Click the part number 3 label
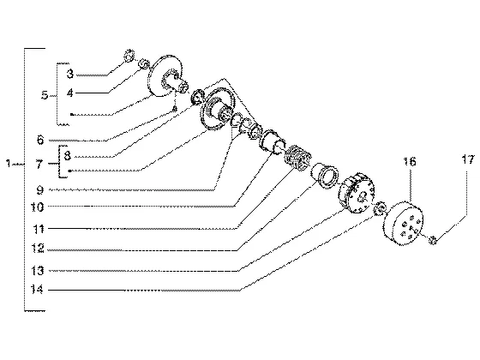click(x=70, y=74)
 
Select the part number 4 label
click(x=70, y=93)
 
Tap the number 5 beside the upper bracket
click(x=45, y=95)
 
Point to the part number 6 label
click(x=40, y=140)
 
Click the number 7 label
click(x=39, y=165)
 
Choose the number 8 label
click(x=68, y=155)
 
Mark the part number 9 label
click(x=40, y=190)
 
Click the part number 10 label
click(x=38, y=207)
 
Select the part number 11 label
click(x=38, y=229)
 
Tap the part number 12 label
click(x=38, y=249)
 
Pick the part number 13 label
click(x=38, y=271)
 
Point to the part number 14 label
click(x=38, y=290)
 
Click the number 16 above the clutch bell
click(x=410, y=161)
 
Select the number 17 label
click(x=468, y=159)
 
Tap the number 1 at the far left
click(x=9, y=164)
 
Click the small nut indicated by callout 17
click(x=433, y=240)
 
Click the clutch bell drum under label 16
click(x=403, y=223)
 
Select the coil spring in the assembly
click(x=297, y=158)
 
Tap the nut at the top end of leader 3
click(x=129, y=56)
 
